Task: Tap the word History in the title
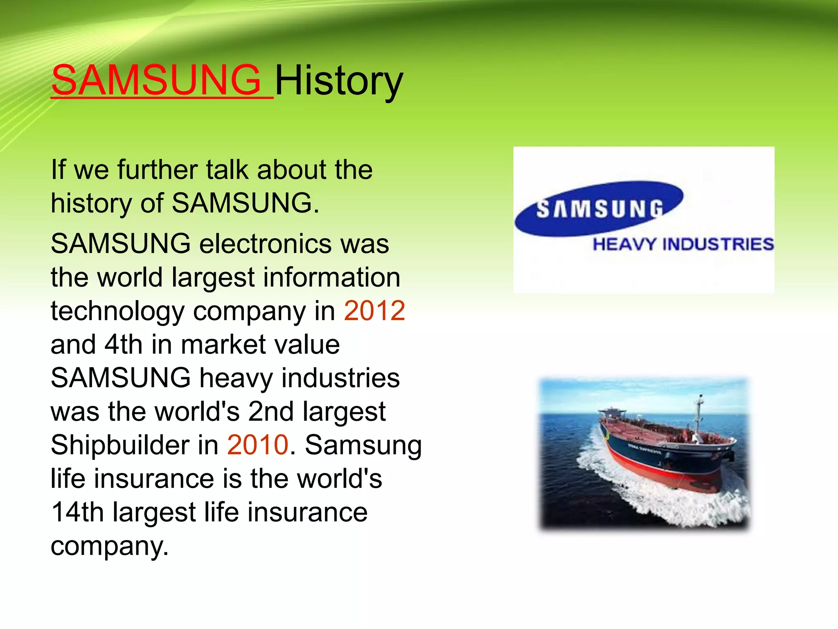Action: pyautogui.click(x=339, y=81)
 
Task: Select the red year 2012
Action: pyautogui.click(x=374, y=310)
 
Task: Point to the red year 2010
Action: pyautogui.click(x=258, y=445)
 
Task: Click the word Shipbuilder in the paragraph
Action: pyautogui.click(x=120, y=445)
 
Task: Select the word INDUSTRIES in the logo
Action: pyautogui.click(x=718, y=244)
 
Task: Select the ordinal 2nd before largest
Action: pyautogui.click(x=271, y=411)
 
